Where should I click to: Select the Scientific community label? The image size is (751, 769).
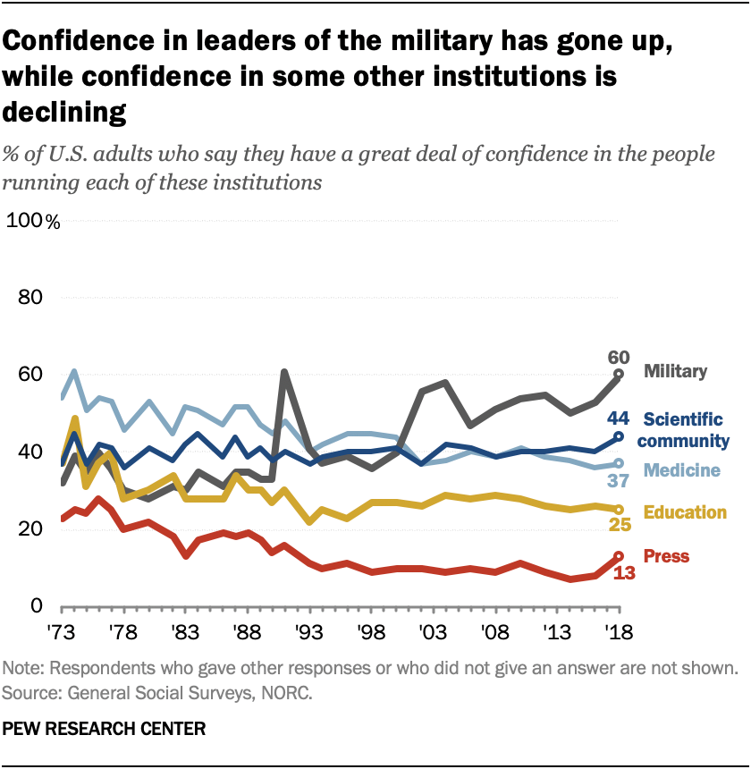click(684, 428)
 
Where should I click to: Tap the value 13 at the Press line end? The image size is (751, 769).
click(624, 571)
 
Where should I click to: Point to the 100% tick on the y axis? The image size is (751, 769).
click(35, 221)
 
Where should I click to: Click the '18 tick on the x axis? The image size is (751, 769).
click(616, 630)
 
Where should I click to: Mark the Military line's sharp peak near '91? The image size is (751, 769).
click(284, 372)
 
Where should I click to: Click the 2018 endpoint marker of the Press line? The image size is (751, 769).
click(617, 556)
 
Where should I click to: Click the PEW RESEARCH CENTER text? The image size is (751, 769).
click(105, 730)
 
